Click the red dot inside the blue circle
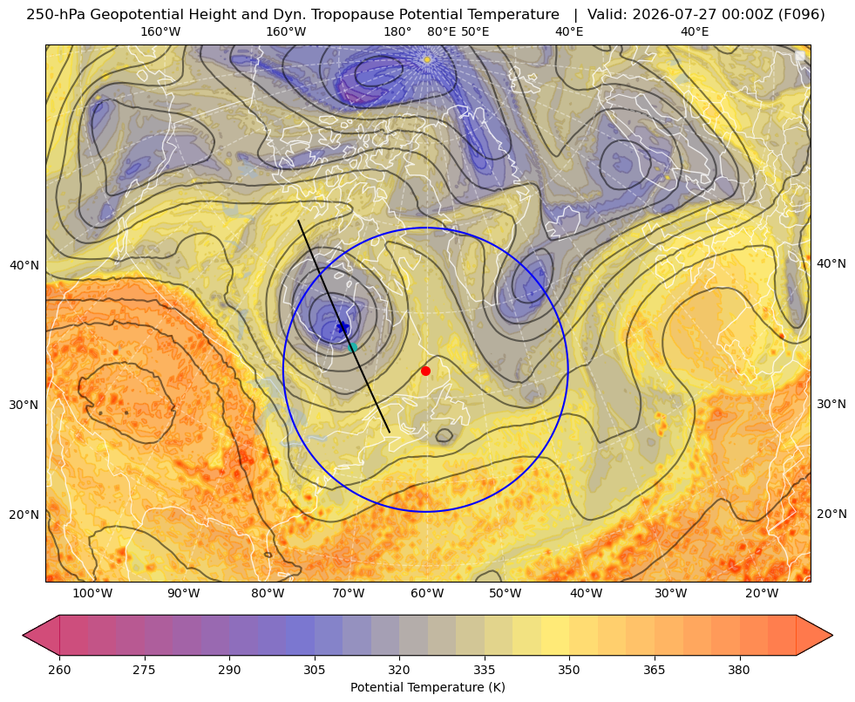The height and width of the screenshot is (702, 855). [x=426, y=371]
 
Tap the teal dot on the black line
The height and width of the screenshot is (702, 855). [x=352, y=347]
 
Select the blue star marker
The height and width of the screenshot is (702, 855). [x=343, y=327]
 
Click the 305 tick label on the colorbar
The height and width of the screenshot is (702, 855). [x=315, y=670]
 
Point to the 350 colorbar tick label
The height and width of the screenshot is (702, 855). [x=569, y=670]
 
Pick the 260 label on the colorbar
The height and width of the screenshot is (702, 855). [x=59, y=670]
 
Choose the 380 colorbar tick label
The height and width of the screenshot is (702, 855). [x=739, y=670]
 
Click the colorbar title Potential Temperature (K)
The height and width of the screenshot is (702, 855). [x=427, y=687]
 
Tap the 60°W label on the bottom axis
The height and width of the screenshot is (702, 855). [x=427, y=593]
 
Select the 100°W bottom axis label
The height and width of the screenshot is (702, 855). [x=92, y=593]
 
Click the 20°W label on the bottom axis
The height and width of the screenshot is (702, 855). [x=762, y=593]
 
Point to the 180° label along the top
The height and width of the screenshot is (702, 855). [x=397, y=31]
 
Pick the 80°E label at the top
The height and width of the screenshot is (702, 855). [x=442, y=31]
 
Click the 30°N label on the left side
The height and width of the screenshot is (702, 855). [x=24, y=405]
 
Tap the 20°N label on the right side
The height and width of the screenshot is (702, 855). [x=831, y=514]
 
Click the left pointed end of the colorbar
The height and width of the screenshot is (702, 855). [x=24, y=635]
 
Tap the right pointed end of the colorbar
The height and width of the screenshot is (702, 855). [x=831, y=635]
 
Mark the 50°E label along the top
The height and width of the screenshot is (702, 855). [x=475, y=31]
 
